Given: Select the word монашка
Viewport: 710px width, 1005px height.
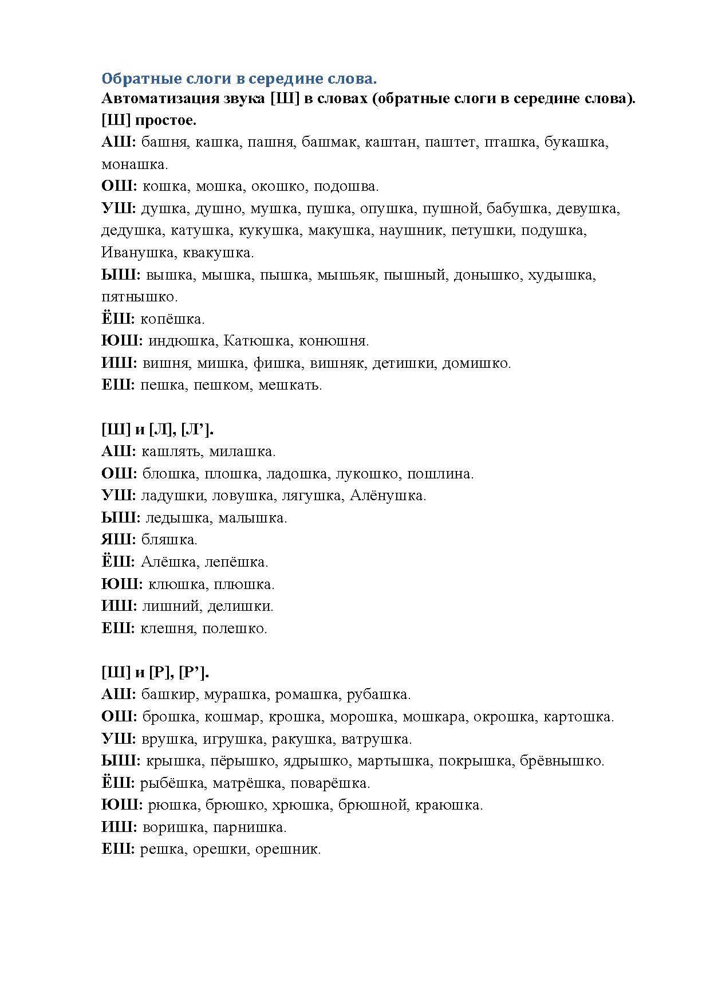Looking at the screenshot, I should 135,164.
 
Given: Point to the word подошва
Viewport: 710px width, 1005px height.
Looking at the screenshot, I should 346,186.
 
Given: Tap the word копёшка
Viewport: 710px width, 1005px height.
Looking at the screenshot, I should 173,319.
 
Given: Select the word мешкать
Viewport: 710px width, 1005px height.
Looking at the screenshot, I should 290,385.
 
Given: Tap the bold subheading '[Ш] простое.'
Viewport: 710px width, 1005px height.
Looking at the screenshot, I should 149,120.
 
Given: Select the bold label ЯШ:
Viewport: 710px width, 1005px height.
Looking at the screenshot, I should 119,540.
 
